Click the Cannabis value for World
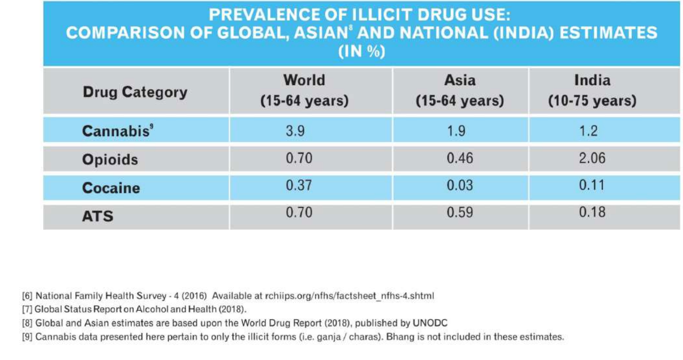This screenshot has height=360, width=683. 295,131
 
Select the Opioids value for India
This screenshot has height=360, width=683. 592,158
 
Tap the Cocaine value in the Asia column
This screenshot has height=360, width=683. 460,185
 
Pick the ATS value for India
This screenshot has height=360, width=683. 592,212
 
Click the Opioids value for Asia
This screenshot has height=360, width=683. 460,158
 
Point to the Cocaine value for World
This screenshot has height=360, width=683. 299,185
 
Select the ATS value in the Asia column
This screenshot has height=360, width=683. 460,212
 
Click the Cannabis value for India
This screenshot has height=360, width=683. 588,131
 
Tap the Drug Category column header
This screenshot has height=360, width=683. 135,92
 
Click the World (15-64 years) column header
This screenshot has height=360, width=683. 304,90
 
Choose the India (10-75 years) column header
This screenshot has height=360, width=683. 592,90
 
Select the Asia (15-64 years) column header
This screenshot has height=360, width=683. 460,90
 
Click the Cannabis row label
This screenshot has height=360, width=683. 116,131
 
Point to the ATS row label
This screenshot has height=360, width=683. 98,216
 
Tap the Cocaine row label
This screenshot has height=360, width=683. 111,188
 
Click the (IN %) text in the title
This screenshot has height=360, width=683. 362,52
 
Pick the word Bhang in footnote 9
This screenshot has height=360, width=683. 399,337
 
